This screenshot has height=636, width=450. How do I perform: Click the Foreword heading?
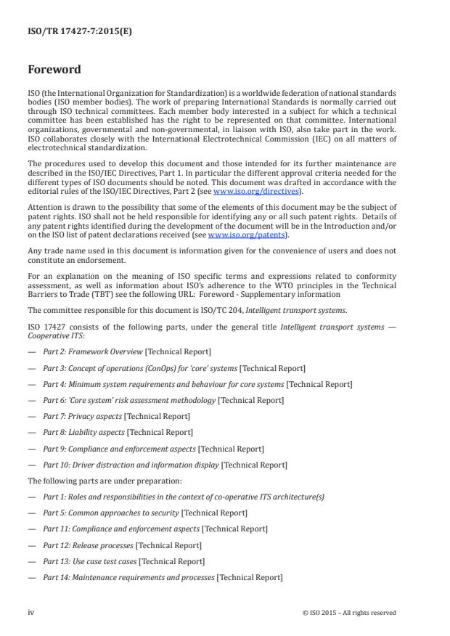(x=54, y=70)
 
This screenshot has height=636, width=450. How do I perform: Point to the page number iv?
(x=30, y=612)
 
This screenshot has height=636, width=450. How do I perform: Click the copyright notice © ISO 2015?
(x=349, y=613)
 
